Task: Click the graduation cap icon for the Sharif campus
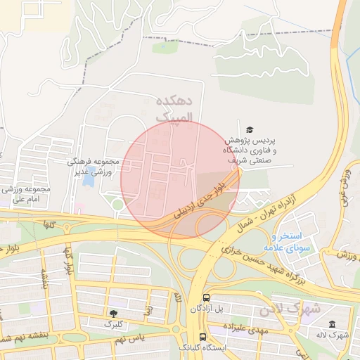[250, 129]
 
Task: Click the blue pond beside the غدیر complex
[88, 179]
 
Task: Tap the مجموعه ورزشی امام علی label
[24, 195]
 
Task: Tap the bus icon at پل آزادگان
[206, 297]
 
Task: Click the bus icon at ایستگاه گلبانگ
[203, 337]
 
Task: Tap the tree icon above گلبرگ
[113, 312]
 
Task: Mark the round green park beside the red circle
[117, 205]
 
